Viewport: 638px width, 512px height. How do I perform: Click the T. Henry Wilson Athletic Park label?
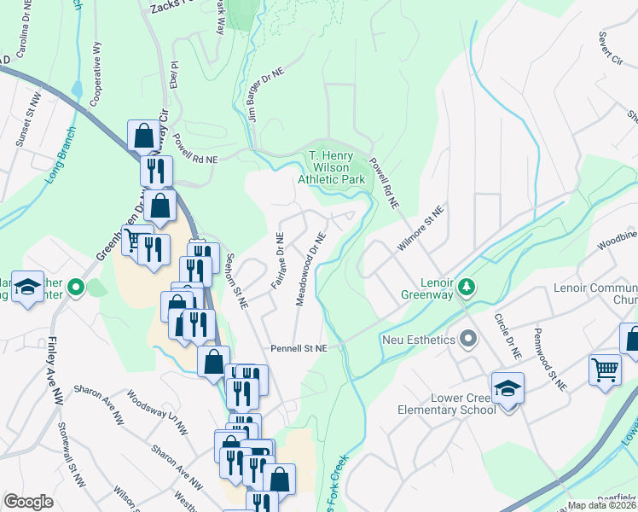click(332, 167)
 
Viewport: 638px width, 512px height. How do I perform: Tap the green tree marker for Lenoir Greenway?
click(466, 283)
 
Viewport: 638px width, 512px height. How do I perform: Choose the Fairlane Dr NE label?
click(278, 259)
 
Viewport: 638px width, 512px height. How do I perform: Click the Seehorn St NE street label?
click(236, 280)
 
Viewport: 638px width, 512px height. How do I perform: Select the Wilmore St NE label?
click(420, 228)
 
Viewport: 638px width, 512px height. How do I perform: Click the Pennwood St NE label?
click(550, 359)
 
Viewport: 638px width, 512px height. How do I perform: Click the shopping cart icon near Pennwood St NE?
click(605, 371)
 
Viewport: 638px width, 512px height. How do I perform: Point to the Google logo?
click(28, 502)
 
